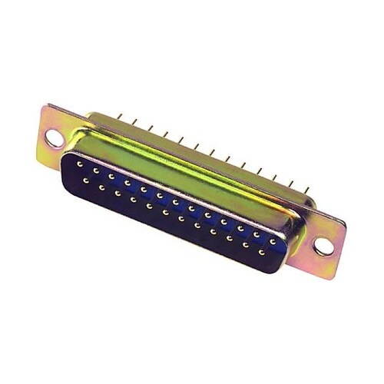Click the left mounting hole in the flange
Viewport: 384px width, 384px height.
(x=55, y=139)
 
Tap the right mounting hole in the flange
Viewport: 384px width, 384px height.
(x=323, y=247)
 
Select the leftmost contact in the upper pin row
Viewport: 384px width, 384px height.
(x=80, y=164)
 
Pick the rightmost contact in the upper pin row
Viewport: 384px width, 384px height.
(x=273, y=242)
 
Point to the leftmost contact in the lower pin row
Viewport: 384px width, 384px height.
(x=85, y=180)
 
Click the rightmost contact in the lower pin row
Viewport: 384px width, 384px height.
(x=262, y=252)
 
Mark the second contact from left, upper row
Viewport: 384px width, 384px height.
(x=95, y=170)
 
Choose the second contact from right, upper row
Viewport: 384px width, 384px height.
(x=257, y=235)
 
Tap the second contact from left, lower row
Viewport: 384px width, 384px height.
(x=101, y=187)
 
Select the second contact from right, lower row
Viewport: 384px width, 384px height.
(x=246, y=246)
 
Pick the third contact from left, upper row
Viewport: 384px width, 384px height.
(x=111, y=176)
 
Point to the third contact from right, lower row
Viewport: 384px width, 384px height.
(x=230, y=239)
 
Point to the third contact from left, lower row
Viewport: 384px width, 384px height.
(x=118, y=193)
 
